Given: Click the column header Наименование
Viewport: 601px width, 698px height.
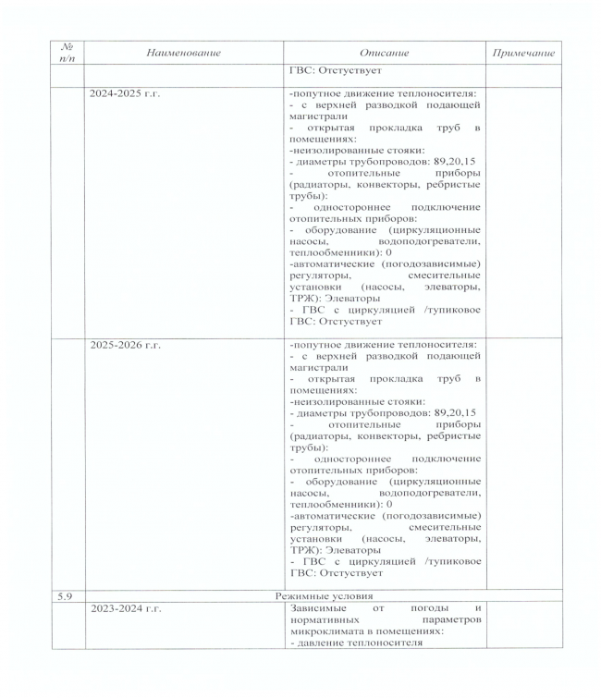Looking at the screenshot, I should [x=184, y=54].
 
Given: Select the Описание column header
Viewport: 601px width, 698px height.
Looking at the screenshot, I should [x=384, y=54].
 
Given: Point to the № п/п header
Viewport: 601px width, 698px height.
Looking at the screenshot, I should [x=66, y=54].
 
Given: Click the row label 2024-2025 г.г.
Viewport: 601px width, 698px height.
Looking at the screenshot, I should [x=126, y=94].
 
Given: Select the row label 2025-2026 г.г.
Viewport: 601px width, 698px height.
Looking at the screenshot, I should [x=126, y=345].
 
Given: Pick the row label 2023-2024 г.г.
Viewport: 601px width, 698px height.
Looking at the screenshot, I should [x=126, y=608].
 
